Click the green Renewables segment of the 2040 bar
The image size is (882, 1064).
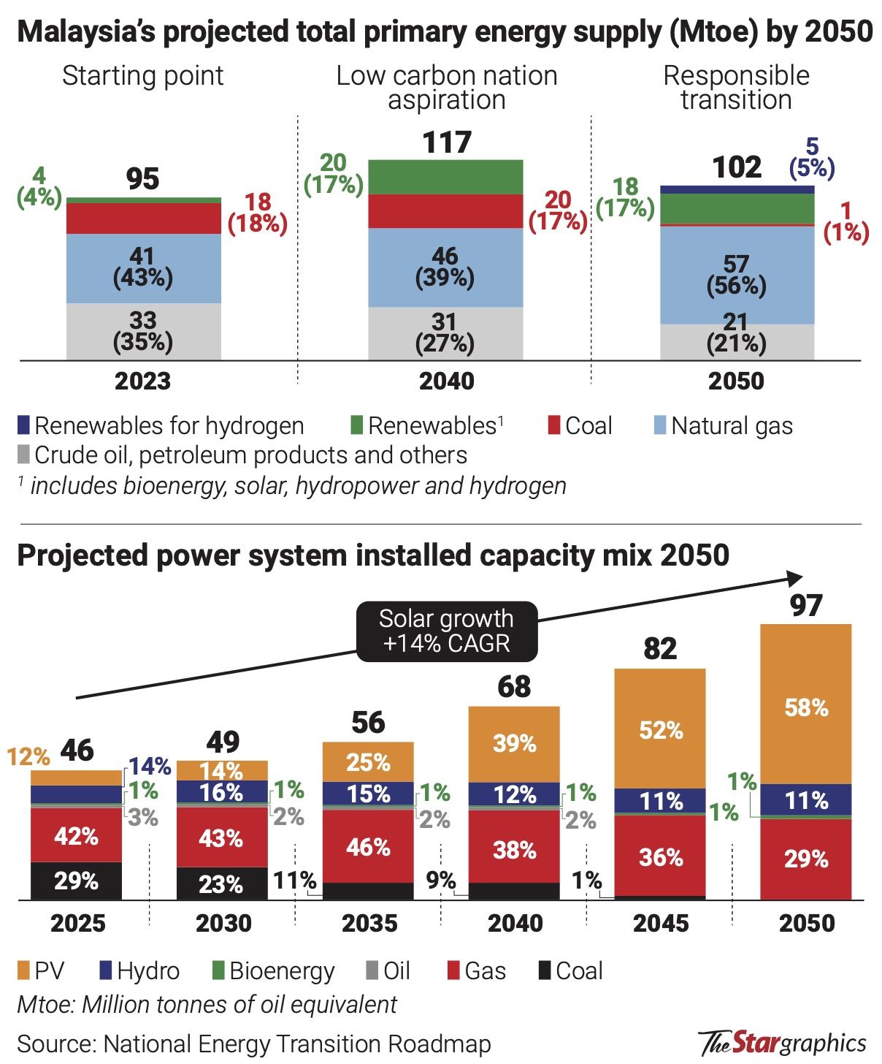(x=445, y=177)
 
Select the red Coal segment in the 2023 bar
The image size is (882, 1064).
(x=143, y=218)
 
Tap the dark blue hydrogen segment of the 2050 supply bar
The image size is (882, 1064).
(x=737, y=189)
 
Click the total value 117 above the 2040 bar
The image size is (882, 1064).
(x=447, y=142)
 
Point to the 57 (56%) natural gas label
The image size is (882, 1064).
(x=736, y=275)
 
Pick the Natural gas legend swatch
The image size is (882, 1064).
(x=660, y=425)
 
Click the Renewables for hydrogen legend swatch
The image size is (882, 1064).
(x=23, y=425)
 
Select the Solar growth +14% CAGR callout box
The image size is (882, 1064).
(x=447, y=631)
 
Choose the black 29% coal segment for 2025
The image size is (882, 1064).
(x=76, y=881)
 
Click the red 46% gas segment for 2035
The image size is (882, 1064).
(x=368, y=846)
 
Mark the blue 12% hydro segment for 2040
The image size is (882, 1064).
(x=514, y=794)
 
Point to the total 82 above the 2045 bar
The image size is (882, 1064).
(x=660, y=649)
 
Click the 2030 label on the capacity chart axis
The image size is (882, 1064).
(x=223, y=923)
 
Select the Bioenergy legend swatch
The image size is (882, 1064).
(x=218, y=970)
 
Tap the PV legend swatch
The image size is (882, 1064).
(x=23, y=970)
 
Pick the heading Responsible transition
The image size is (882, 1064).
(x=736, y=87)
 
